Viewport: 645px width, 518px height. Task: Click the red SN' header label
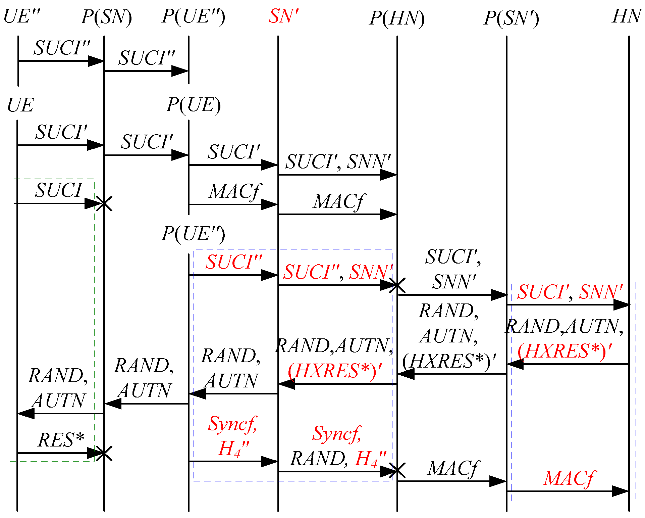[283, 16]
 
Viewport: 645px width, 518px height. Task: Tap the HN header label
[627, 16]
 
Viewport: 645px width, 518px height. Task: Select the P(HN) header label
[397, 18]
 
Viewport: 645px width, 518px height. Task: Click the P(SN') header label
[511, 18]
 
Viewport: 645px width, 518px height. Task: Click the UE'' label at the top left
[22, 16]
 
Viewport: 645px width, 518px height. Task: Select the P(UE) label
[194, 105]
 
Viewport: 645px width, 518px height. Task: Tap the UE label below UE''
[20, 105]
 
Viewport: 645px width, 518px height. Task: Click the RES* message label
[61, 440]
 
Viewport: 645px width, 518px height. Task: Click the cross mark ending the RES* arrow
[104, 454]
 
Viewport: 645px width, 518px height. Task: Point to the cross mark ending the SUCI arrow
[104, 203]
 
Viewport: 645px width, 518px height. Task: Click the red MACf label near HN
[569, 478]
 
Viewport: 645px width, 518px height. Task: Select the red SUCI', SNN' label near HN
[570, 291]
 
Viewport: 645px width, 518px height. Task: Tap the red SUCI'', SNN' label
[337, 272]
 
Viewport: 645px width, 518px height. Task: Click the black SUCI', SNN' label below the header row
[338, 161]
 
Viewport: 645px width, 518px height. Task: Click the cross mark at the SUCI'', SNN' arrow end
[397, 285]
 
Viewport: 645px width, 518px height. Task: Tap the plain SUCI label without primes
[59, 190]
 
